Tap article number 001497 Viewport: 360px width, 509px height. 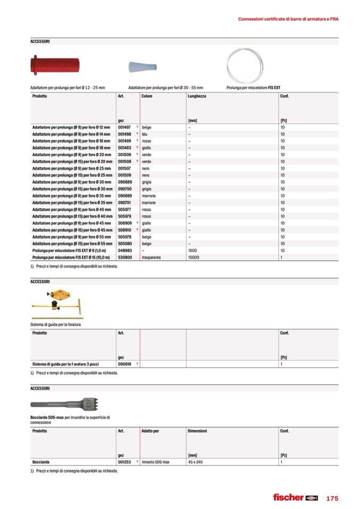click(x=124, y=127)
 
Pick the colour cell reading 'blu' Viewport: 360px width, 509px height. click(x=144, y=134)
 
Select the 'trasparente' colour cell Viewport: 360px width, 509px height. click(x=151, y=257)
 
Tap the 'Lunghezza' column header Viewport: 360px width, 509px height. click(x=197, y=96)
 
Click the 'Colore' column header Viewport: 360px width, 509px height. click(x=147, y=96)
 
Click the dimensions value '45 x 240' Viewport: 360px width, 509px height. click(x=196, y=462)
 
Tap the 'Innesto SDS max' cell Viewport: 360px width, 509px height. click(x=156, y=462)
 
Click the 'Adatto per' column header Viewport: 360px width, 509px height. click(x=150, y=431)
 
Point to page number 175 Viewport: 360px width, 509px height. click(x=332, y=498)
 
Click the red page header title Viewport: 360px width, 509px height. click(x=288, y=19)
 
